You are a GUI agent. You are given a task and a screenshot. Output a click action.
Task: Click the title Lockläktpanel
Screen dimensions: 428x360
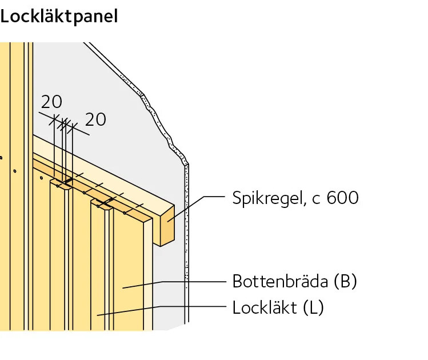pos(59,17)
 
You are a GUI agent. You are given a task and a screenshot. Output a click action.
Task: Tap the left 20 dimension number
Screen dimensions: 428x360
pos(51,102)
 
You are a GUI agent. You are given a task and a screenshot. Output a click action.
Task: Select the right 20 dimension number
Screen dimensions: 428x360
pos(95,119)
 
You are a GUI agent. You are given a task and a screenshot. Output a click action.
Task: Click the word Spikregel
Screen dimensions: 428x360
pos(267,198)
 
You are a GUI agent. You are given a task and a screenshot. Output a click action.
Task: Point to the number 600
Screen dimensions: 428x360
pos(342,198)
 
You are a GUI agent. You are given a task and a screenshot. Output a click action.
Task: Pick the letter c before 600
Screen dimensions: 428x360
pos(316,199)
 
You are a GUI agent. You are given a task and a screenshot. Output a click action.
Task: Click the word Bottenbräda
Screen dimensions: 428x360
pos(280,281)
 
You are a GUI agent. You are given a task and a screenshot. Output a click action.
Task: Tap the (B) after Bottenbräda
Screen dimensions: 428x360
pos(346,281)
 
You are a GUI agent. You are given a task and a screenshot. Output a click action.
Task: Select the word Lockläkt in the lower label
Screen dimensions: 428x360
pos(265,307)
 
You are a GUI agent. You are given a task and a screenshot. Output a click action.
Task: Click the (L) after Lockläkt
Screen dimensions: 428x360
pos(313,307)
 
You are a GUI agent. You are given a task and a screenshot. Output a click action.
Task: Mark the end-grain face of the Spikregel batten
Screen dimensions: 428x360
pos(167,226)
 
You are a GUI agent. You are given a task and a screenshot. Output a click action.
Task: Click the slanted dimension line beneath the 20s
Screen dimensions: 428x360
pos(64,123)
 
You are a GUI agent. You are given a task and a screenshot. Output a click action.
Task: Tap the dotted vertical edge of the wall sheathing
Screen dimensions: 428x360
pos(187,243)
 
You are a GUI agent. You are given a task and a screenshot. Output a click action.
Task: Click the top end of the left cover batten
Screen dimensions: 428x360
pos(61,184)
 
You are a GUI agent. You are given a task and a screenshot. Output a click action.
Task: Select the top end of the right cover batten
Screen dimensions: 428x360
pos(102,204)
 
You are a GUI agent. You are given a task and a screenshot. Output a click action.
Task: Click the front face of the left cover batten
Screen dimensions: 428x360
pos(57,257)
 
